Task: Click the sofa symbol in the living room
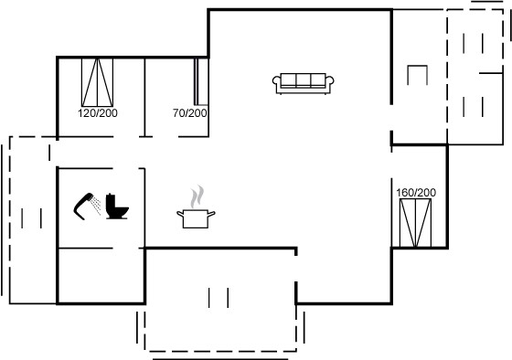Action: click(x=303, y=83)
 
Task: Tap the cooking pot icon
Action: click(x=196, y=218)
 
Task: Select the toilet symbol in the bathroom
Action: click(x=117, y=206)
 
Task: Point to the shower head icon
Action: click(x=82, y=206)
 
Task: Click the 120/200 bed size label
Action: click(x=98, y=113)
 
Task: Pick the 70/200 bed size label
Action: click(x=190, y=113)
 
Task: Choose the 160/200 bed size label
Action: click(x=416, y=193)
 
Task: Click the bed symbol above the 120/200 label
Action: click(x=97, y=82)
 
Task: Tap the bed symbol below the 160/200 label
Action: click(x=416, y=223)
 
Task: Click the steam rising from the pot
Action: click(x=197, y=196)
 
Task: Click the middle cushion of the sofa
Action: click(x=303, y=80)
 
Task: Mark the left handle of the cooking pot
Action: click(x=180, y=214)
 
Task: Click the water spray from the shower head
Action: click(x=96, y=205)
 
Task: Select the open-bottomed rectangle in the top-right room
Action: click(x=417, y=75)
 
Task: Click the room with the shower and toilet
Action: click(x=101, y=208)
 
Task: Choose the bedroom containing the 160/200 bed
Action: click(x=420, y=196)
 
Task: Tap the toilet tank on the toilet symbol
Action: click(x=111, y=201)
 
